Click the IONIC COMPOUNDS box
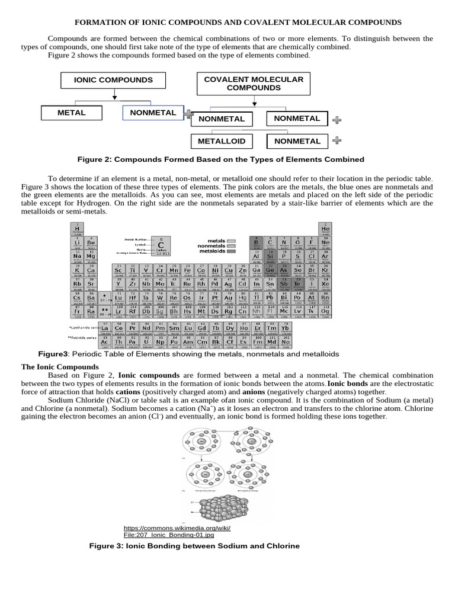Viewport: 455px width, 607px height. [113, 80]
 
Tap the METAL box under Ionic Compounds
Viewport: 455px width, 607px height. [71, 113]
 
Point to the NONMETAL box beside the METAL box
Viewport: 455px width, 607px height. [152, 113]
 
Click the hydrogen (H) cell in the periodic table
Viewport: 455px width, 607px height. [76, 228]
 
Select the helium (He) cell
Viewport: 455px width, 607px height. [325, 228]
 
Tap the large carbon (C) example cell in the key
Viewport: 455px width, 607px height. [160, 244]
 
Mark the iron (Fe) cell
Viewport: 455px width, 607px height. [187, 271]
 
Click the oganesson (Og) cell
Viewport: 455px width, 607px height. [325, 311]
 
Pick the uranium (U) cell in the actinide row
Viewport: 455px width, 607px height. [146, 342]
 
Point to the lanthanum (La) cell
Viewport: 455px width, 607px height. [104, 328]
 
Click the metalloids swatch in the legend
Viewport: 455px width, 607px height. [231, 251]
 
